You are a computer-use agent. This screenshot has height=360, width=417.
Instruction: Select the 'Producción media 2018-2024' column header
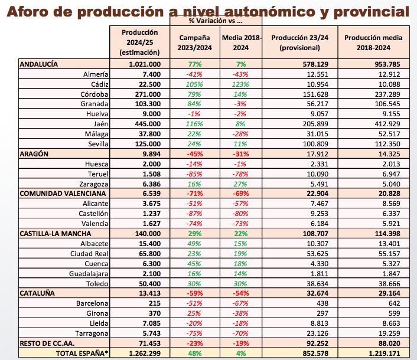(373, 42)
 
